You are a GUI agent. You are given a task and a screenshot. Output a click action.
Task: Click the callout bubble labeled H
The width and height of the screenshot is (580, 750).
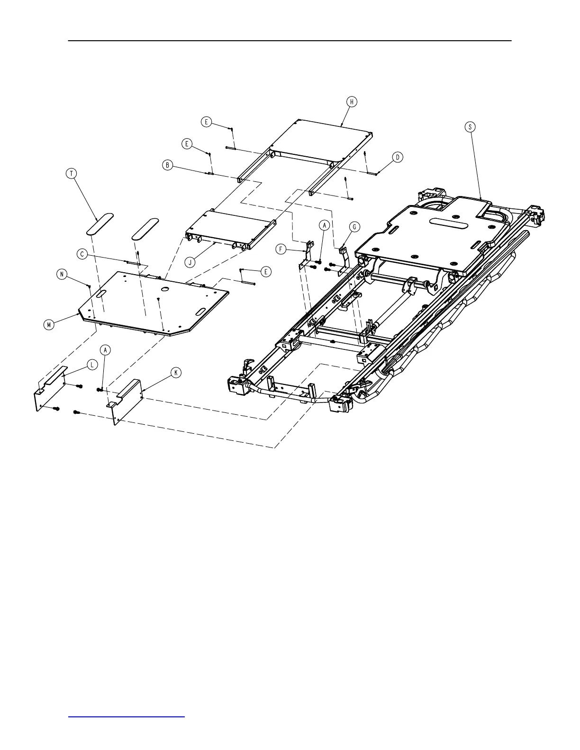[351, 102]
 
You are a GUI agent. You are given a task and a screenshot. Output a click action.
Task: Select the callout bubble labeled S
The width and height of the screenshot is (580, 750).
[470, 127]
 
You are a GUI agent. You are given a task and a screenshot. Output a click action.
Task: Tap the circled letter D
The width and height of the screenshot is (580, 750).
[398, 157]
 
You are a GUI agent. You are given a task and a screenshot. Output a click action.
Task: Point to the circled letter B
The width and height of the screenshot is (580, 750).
[167, 165]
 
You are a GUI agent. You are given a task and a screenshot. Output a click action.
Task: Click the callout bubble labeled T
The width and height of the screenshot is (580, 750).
[72, 174]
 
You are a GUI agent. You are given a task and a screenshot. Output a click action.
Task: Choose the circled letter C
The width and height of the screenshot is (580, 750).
[82, 254]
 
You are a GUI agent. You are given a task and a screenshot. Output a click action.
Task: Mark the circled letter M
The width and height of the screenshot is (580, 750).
[49, 325]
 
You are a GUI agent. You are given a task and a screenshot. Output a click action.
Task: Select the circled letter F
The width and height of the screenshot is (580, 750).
[281, 248]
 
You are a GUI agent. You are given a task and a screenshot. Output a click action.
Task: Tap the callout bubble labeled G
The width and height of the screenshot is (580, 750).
[354, 227]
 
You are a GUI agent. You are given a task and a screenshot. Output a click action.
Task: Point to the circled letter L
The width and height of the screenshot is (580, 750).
[92, 365]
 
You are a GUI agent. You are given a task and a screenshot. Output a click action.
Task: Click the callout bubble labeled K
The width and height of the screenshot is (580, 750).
[176, 373]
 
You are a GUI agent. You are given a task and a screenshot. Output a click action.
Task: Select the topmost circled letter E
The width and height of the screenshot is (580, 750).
[206, 122]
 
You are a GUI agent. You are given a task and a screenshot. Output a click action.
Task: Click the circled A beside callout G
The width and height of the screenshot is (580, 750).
[324, 226]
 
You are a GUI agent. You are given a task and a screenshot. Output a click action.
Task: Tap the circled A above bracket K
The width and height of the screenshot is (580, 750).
[106, 349]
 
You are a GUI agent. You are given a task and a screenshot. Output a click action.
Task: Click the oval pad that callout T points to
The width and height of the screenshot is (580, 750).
[100, 223]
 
